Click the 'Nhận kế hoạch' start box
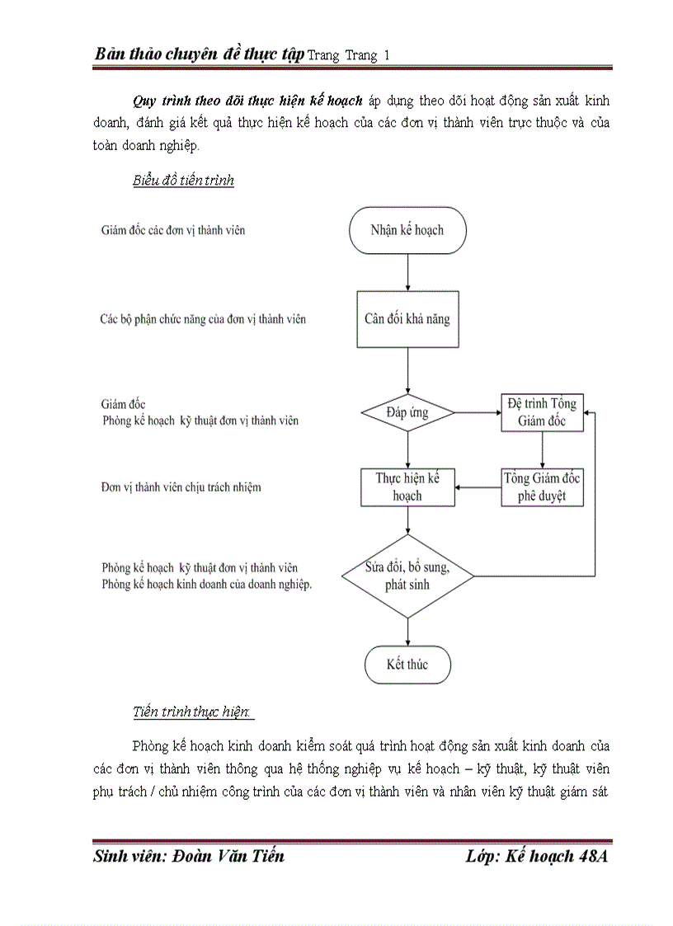tap(407, 229)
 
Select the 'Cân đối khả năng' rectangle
tap(407, 318)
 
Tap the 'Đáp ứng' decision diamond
tap(407, 411)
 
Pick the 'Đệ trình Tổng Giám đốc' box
tap(542, 412)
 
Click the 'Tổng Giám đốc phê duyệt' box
tap(542, 487)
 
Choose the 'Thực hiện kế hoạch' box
tap(407, 487)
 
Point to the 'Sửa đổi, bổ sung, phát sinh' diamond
tap(407, 576)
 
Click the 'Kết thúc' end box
tap(407, 664)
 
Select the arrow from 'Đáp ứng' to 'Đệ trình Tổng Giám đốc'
tap(478, 411)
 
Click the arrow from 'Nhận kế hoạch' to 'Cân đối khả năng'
tap(407, 271)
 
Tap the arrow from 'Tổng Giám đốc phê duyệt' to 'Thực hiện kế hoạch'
tap(478, 487)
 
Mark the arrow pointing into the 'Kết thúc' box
tap(407, 631)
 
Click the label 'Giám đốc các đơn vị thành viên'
tap(173, 230)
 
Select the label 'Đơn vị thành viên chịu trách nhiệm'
tap(181, 487)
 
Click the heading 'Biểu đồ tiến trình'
tap(183, 181)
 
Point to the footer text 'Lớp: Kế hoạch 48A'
tap(536, 856)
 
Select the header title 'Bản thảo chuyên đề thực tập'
tap(200, 54)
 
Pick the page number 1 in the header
tap(386, 56)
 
